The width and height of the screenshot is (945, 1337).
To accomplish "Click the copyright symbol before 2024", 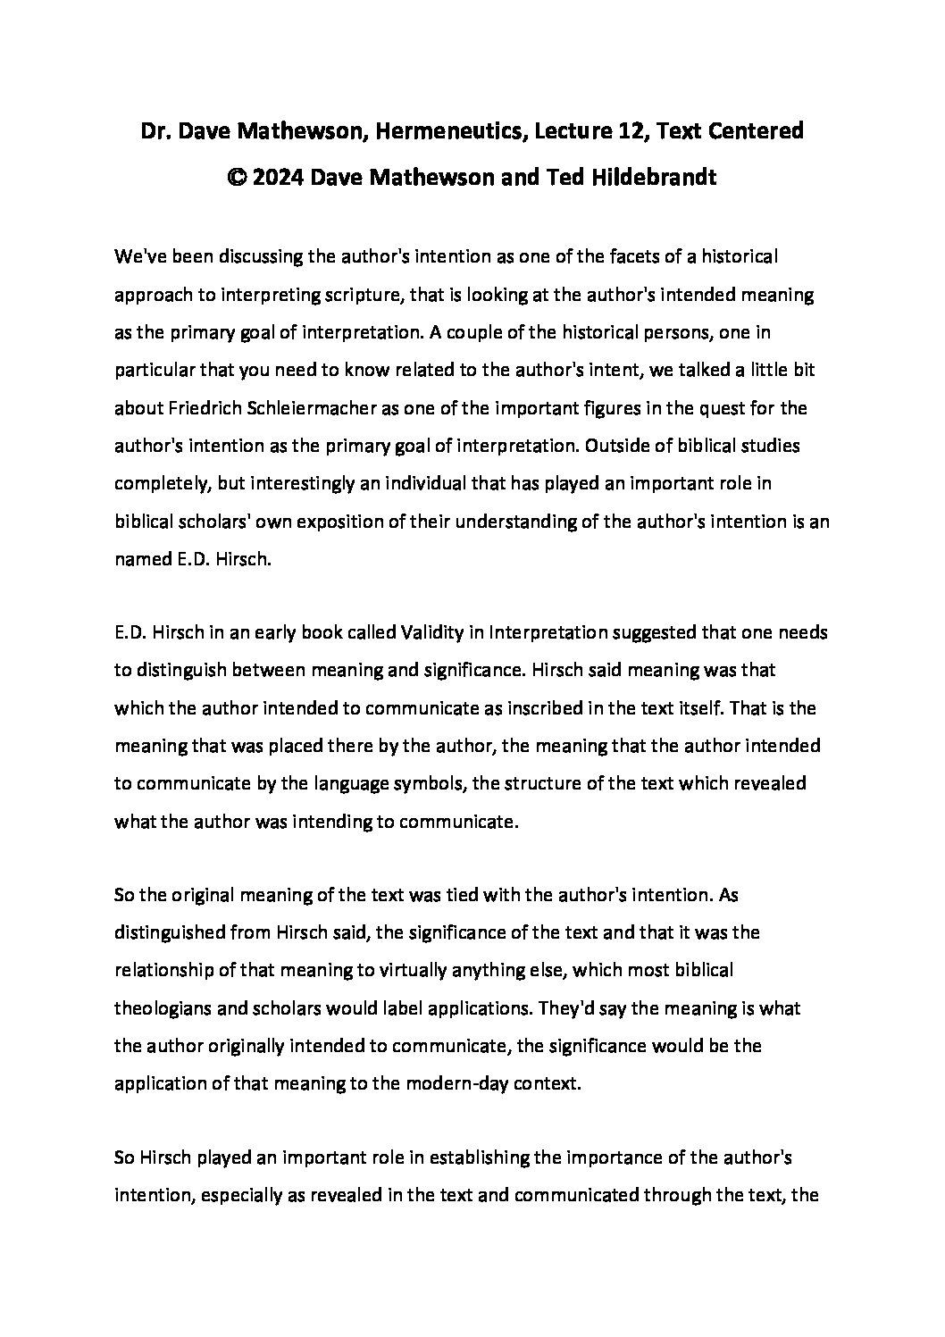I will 237,177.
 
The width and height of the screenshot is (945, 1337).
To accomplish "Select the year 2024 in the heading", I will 282,177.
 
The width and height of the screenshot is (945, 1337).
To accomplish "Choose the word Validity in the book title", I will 401,633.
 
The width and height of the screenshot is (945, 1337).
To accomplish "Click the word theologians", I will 167,1007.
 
